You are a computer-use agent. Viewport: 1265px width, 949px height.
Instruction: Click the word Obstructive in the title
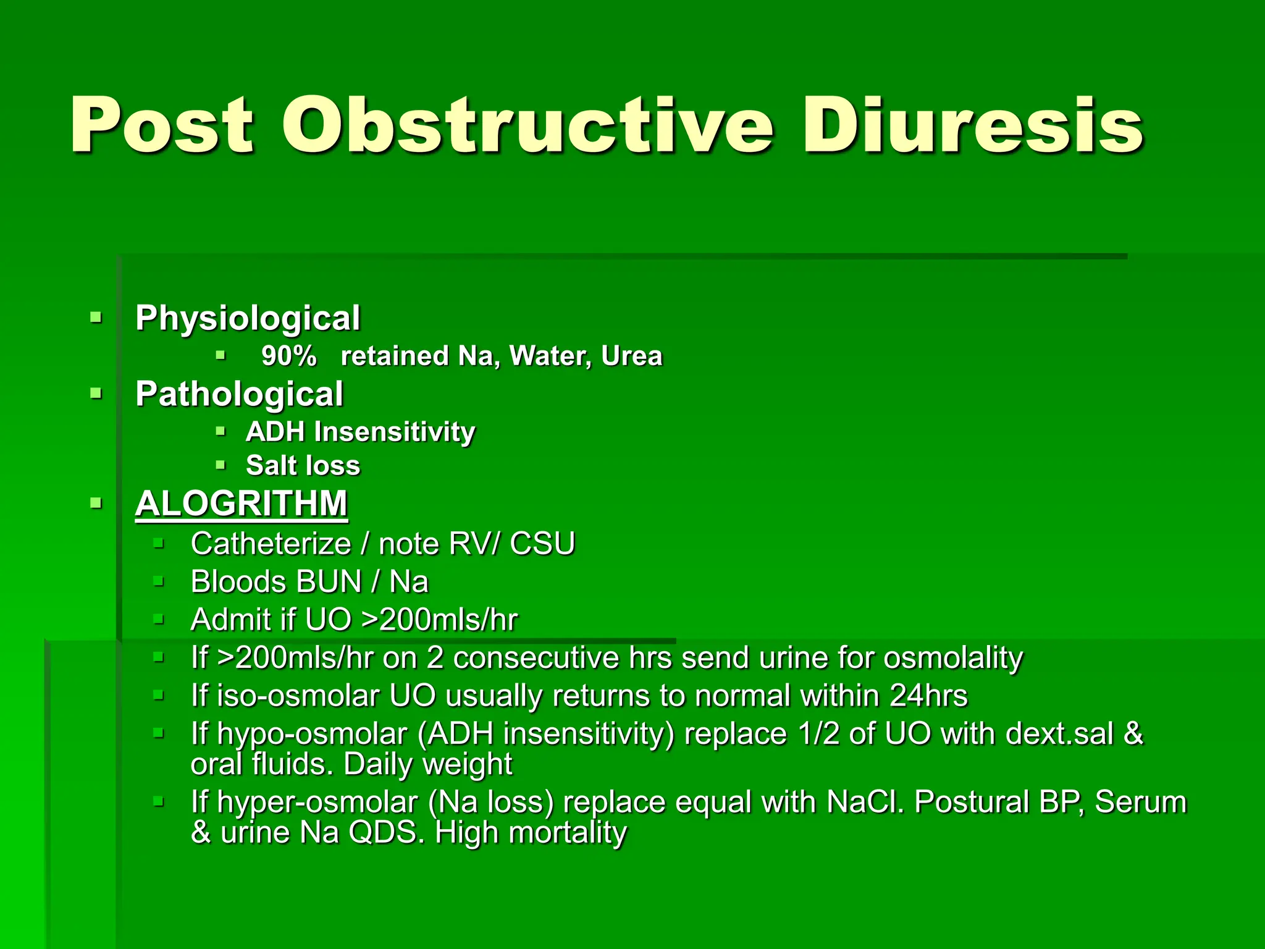tap(528, 125)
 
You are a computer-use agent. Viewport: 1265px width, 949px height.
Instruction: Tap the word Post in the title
tap(162, 125)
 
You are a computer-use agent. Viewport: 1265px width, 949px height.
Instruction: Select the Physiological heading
tap(248, 318)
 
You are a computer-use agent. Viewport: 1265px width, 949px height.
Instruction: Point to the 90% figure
tap(289, 356)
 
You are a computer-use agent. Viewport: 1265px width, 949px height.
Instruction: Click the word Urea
tap(631, 356)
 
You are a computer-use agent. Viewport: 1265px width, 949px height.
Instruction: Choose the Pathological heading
tap(239, 394)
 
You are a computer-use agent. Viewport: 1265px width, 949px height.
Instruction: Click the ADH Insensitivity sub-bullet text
tap(361, 432)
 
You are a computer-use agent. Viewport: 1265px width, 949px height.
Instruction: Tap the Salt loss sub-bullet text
tap(303, 466)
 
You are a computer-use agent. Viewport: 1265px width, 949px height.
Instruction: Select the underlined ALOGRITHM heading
tap(242, 504)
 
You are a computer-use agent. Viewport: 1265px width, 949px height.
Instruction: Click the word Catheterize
tap(271, 544)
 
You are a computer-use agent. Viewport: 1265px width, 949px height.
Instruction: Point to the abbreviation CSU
tap(543, 544)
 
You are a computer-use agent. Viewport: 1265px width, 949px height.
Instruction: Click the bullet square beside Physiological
tap(96, 318)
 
